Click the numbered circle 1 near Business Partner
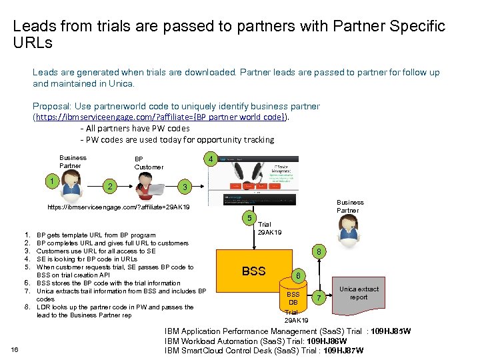[51, 181]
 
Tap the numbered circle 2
[110, 185]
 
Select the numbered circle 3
[187, 186]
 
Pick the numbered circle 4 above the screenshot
[209, 160]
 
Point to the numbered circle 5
[248, 218]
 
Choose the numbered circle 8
[319, 252]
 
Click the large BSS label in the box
[253, 271]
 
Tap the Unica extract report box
[358, 293]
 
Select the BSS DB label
[293, 298]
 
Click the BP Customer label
[148, 163]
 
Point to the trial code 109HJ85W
[391, 331]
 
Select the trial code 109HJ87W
[341, 351]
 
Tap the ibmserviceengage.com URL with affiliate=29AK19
[119, 207]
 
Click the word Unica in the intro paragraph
[121, 84]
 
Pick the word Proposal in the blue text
[51, 106]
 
